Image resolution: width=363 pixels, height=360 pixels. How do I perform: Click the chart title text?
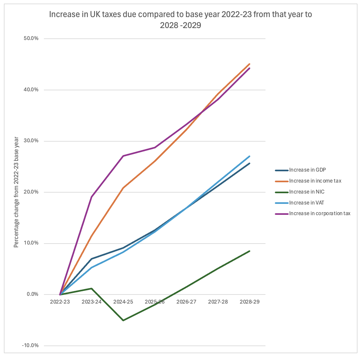[x=180, y=19]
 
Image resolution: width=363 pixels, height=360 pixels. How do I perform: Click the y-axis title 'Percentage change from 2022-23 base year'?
[x=16, y=192]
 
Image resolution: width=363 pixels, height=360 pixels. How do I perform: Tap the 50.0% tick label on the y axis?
[x=31, y=38]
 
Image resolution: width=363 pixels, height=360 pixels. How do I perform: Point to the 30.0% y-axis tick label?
[x=31, y=141]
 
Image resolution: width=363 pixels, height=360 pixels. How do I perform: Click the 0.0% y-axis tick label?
[x=32, y=295]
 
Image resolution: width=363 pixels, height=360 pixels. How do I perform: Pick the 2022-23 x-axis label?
[x=60, y=302]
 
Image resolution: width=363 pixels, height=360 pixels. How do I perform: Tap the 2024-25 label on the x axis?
[x=123, y=302]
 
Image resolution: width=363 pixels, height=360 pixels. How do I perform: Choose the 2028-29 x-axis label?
[x=250, y=302]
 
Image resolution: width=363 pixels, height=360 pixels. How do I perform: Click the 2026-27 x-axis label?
[x=186, y=302]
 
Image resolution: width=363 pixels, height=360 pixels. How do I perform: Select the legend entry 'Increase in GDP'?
[x=307, y=170]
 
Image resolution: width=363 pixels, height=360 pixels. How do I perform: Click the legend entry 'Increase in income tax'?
[x=315, y=181]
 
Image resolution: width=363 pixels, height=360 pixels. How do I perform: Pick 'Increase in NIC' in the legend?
[x=306, y=192]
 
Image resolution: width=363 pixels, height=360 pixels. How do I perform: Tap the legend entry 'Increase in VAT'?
[x=306, y=203]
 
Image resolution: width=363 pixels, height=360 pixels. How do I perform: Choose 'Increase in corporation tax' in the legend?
[x=319, y=214]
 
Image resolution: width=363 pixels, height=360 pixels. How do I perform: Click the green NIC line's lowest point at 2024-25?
[x=123, y=320]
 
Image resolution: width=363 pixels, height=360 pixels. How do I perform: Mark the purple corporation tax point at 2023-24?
[x=91, y=197]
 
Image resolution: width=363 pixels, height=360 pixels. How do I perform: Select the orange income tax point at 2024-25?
[x=123, y=188]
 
